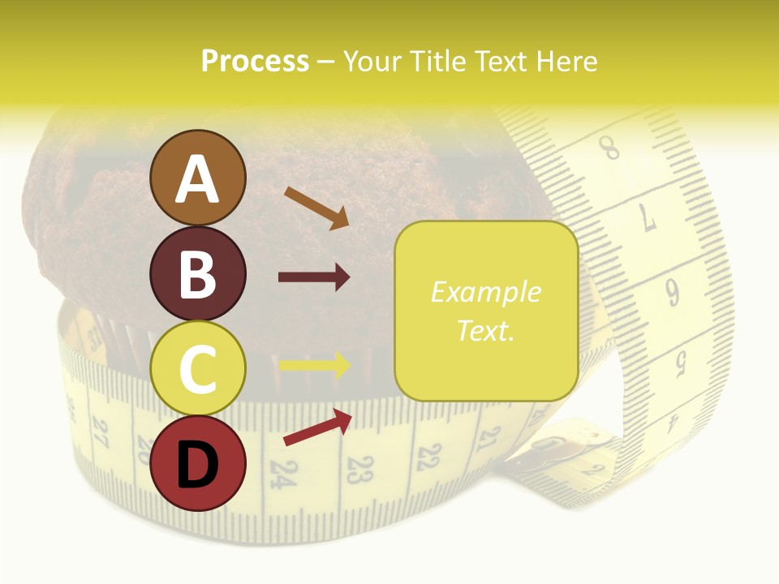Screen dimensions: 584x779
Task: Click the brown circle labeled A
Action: (197, 178)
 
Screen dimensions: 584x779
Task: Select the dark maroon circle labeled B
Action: (197, 273)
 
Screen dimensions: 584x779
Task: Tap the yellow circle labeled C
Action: (197, 368)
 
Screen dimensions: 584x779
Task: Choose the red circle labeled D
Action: (197, 464)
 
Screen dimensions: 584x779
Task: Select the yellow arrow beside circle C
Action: (314, 365)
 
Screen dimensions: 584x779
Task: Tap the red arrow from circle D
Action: (317, 427)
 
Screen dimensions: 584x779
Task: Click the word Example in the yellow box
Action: (485, 292)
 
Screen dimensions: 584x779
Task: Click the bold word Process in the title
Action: (255, 61)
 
